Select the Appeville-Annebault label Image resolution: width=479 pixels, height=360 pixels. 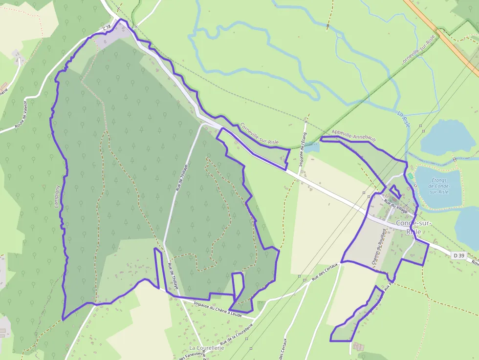tap(353, 135)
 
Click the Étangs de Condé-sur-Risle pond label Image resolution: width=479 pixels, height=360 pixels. tap(438, 186)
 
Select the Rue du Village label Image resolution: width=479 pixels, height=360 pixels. tap(395, 207)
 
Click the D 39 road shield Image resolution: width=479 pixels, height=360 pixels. tap(458, 255)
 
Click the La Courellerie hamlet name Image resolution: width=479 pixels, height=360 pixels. tap(206, 348)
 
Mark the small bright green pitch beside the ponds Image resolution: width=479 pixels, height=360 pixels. tap(410, 175)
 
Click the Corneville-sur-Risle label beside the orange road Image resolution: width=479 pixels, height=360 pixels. tap(418, 51)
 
